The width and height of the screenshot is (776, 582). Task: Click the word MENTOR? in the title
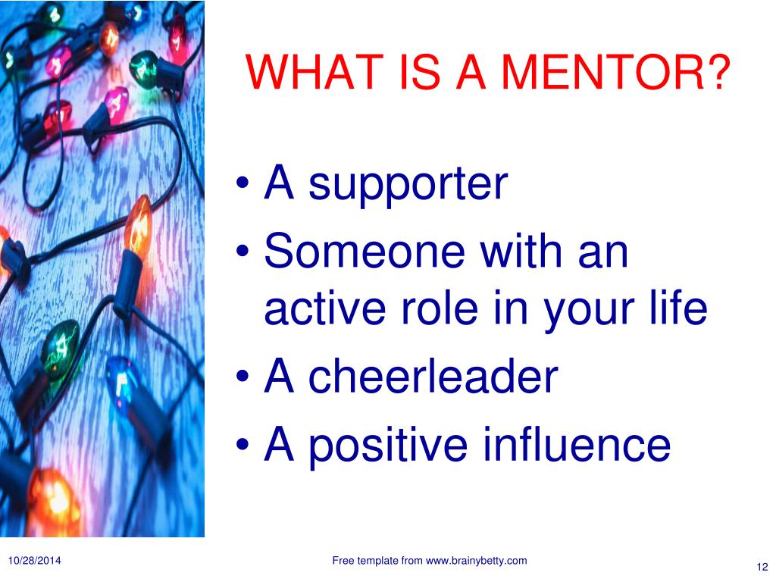[616, 72]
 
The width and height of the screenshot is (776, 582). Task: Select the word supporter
[408, 186]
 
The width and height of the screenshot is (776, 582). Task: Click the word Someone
[365, 251]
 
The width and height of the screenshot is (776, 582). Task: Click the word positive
[389, 444]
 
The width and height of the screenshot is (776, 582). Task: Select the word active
[325, 308]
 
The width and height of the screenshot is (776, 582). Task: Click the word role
[440, 308]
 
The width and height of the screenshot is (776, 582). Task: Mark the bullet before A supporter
[242, 183]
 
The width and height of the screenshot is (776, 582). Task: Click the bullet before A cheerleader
[242, 376]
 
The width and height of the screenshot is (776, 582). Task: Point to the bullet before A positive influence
[242, 443]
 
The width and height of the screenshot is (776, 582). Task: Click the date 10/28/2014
[35, 561]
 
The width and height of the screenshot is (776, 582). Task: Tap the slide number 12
[762, 567]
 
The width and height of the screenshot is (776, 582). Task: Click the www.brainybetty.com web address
[476, 562]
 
